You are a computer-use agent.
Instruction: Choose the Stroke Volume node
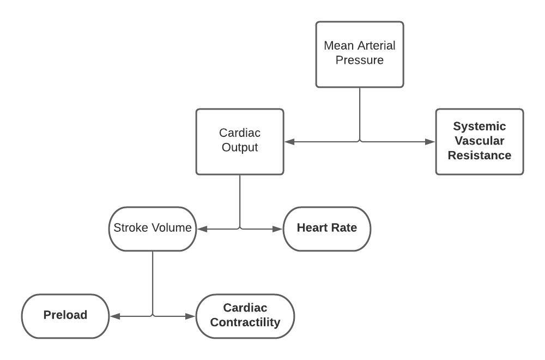point(153,229)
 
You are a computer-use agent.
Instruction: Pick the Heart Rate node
point(327,229)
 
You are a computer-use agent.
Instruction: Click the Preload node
point(65,316)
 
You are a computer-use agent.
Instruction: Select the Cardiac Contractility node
point(245,316)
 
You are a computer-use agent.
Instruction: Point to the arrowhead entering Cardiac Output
point(289,142)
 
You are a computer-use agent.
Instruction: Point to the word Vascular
point(479,141)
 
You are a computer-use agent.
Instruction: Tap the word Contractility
point(245,322)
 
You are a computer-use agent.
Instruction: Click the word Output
point(240,147)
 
